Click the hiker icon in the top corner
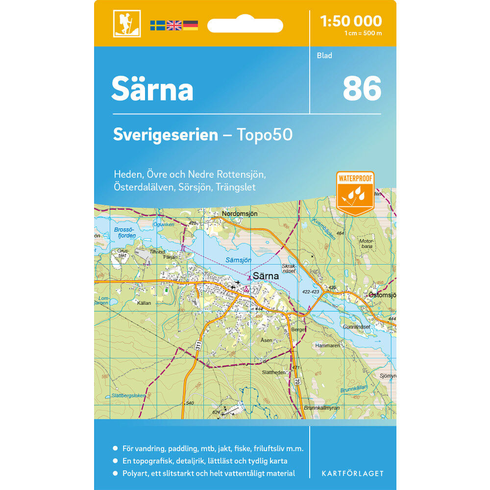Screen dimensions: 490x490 click(127, 24)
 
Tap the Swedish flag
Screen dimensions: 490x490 click(157, 25)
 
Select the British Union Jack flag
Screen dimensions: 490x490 click(174, 25)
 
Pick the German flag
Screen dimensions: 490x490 click(191, 25)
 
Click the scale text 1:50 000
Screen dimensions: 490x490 click(350, 21)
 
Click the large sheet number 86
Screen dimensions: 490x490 click(362, 89)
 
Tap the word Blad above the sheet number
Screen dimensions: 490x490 click(324, 55)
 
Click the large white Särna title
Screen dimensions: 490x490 click(152, 89)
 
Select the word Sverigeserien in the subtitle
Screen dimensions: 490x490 click(165, 135)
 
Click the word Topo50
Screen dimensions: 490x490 click(265, 135)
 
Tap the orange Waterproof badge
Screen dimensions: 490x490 click(355, 193)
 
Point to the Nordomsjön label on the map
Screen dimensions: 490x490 click(239, 214)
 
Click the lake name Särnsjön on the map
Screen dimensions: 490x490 click(239, 260)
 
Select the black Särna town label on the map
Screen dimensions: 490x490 click(266, 276)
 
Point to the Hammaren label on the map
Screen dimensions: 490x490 click(328, 345)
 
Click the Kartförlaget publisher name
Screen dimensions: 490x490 click(352, 473)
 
